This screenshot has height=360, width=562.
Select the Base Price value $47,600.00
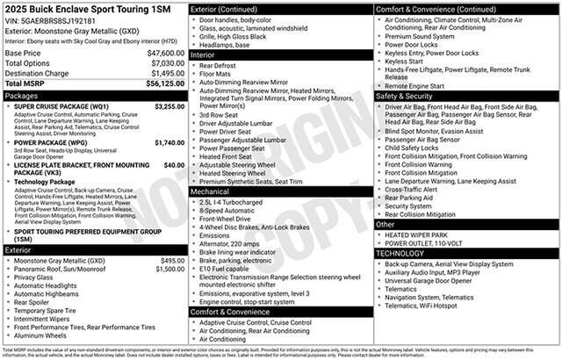(165, 54)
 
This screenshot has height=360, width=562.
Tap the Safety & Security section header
(407, 95)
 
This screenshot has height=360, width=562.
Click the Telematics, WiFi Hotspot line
(432, 306)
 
